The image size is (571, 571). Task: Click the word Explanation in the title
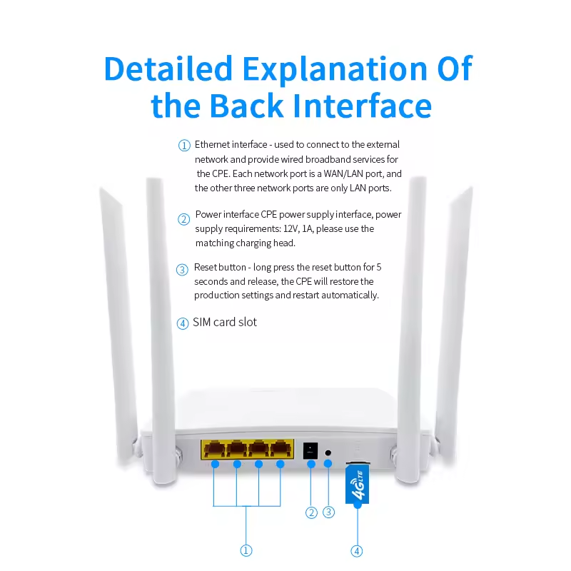(x=335, y=69)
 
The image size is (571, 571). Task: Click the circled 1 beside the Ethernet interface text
(x=184, y=146)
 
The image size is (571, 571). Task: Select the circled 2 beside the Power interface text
(x=184, y=219)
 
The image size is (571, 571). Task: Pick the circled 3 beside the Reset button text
(x=183, y=270)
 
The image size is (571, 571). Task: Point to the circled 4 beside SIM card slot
(x=183, y=323)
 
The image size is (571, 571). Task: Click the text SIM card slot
(x=225, y=323)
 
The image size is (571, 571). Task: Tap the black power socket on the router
(x=310, y=451)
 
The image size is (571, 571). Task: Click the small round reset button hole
(x=328, y=453)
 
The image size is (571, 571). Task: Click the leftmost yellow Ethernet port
(x=216, y=449)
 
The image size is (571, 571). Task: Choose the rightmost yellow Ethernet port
(x=281, y=449)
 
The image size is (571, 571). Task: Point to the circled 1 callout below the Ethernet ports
(x=246, y=550)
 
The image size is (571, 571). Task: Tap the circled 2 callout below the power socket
(x=311, y=512)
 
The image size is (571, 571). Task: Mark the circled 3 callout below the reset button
(x=329, y=512)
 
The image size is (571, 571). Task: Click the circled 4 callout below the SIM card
(x=357, y=551)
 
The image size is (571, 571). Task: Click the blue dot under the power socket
(x=311, y=465)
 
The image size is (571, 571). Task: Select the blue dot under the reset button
(x=328, y=463)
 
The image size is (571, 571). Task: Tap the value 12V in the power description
(x=291, y=228)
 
